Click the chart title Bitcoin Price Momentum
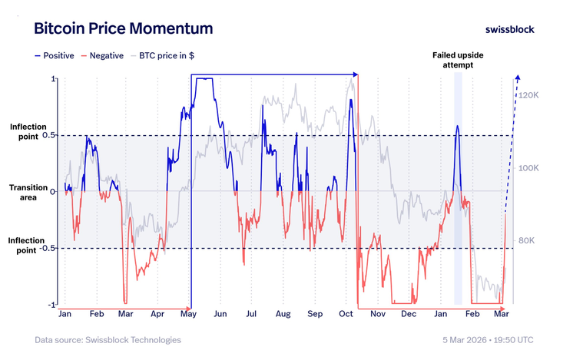coord(123,29)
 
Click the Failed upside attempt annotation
coord(458,61)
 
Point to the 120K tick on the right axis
coord(529,96)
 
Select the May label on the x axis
coord(187,314)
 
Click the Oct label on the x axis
coord(345,314)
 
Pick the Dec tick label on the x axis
coord(408,314)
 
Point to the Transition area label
coord(27,192)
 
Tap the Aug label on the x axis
coord(283,314)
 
